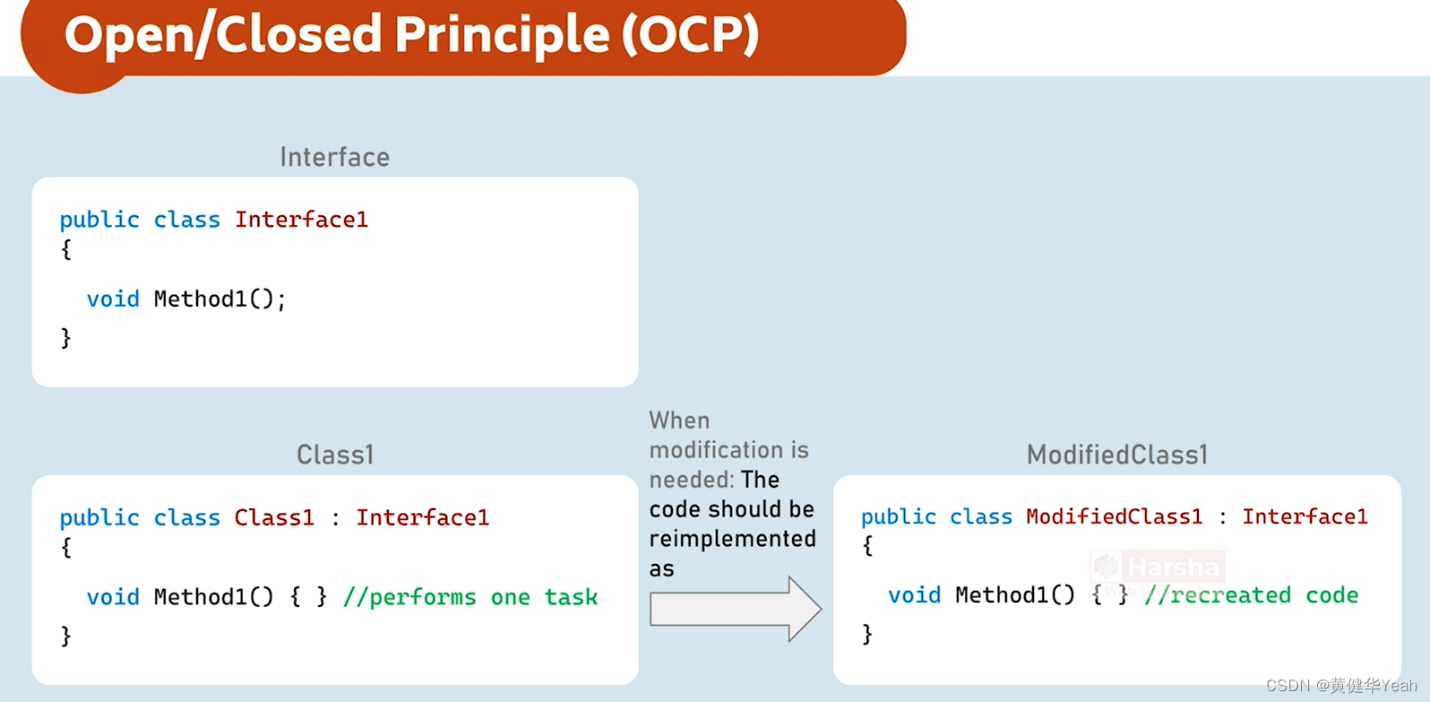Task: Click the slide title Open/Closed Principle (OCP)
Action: pyautogui.click(x=411, y=36)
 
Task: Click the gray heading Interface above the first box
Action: pyautogui.click(x=334, y=158)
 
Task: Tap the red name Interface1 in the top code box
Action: pyautogui.click(x=301, y=220)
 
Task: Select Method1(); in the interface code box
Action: pyautogui.click(x=220, y=299)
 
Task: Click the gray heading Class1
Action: pyautogui.click(x=334, y=455)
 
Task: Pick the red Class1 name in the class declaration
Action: pyautogui.click(x=274, y=517)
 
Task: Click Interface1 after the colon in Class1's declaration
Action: pyautogui.click(x=422, y=517)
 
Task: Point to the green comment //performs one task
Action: pyautogui.click(x=469, y=597)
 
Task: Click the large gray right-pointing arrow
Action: pyautogui.click(x=735, y=610)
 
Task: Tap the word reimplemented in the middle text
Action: pyautogui.click(x=732, y=539)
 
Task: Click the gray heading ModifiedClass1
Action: pyautogui.click(x=1116, y=455)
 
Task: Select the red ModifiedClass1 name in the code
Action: pyautogui.click(x=1114, y=516)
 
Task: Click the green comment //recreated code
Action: pyautogui.click(x=1251, y=595)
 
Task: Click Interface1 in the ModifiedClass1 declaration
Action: pyautogui.click(x=1304, y=516)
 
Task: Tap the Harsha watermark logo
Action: pyautogui.click(x=1157, y=568)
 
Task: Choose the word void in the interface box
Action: pyautogui.click(x=113, y=299)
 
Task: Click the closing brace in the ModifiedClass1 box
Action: pyautogui.click(x=866, y=634)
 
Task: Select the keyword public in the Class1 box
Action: pyautogui.click(x=99, y=517)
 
